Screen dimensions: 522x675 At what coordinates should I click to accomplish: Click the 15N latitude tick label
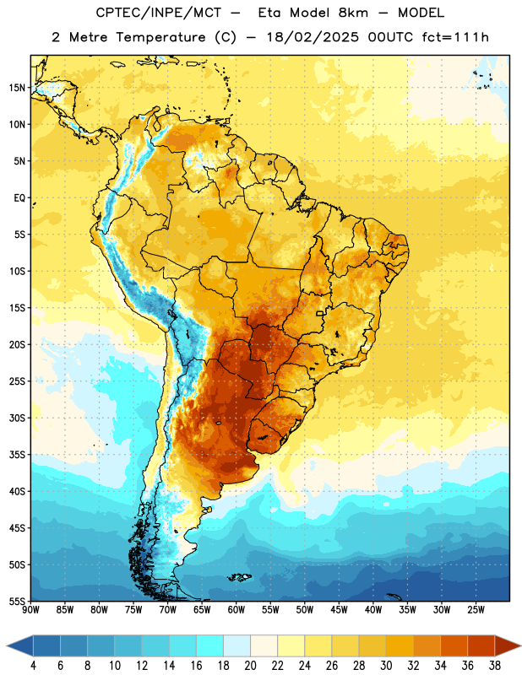17,88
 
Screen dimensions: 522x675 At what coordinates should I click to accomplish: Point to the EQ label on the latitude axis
19,198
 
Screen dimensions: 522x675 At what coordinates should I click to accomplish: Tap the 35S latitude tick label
17,455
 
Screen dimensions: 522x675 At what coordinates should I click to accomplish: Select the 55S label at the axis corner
17,602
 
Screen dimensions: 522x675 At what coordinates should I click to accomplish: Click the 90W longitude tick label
30,610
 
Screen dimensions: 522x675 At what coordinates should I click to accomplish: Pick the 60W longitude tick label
237,610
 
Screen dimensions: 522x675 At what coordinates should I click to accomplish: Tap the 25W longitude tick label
476,610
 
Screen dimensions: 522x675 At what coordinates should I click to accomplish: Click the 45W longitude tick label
340,610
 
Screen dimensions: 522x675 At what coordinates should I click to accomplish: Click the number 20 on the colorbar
250,666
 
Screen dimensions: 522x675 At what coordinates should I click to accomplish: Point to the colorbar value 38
494,666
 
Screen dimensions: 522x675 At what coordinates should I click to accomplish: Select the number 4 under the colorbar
34,666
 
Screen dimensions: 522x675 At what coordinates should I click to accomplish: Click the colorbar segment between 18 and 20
237,645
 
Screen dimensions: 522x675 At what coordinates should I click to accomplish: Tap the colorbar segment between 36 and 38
481,645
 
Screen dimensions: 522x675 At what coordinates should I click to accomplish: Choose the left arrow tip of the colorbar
7,645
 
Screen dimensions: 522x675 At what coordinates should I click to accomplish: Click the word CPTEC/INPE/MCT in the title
159,13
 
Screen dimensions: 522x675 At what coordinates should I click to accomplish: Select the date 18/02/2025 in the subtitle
313,37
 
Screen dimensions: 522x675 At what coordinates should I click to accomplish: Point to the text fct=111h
455,37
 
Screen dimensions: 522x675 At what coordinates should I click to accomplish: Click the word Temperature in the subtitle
160,38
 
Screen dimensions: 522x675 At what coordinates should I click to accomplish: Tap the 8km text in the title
353,13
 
